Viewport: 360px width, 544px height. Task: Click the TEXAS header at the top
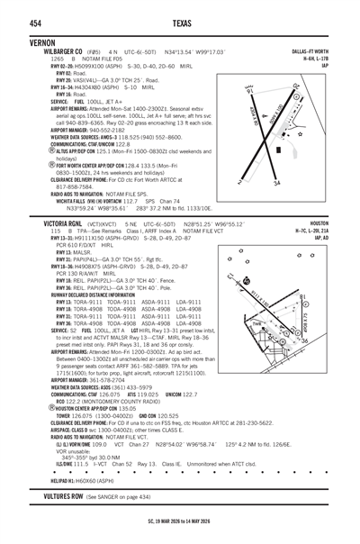tap(180, 22)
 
